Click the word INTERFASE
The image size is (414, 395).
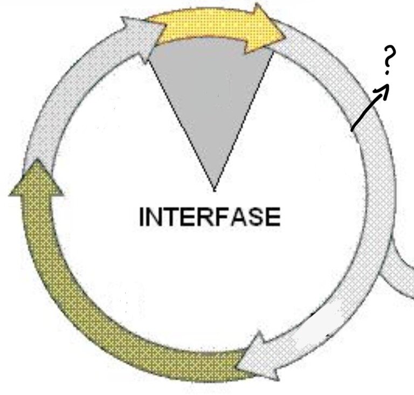coord(210,217)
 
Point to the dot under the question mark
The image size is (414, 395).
coord(388,73)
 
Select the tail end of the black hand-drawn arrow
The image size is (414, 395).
coord(351,130)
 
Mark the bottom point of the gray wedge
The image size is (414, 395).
coord(215,191)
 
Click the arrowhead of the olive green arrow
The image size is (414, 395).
coord(37,179)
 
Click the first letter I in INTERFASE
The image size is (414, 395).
coord(142,217)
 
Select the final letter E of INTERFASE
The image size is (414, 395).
coord(273,217)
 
